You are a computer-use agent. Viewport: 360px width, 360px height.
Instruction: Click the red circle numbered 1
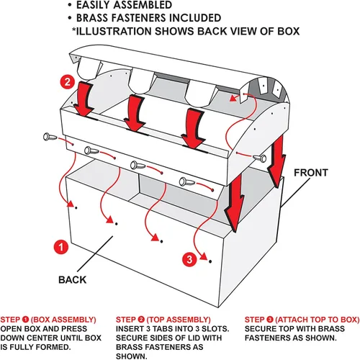[x=61, y=247]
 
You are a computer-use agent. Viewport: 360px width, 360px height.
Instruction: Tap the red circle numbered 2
[x=68, y=82]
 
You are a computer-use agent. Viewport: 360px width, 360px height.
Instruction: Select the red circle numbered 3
[x=189, y=259]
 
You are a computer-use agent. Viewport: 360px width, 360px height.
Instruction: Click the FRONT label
[x=311, y=173]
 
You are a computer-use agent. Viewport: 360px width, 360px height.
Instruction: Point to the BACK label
[x=72, y=280]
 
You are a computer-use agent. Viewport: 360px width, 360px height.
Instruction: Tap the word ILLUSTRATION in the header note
[x=114, y=32]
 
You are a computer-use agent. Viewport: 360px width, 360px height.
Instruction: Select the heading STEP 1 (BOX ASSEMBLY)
[x=48, y=320]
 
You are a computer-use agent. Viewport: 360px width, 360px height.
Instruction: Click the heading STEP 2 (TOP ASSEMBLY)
[x=163, y=320]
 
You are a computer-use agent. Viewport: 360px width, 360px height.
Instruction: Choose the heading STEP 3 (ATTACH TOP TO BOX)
[x=302, y=320]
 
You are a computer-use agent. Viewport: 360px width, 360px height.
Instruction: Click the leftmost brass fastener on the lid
[x=50, y=137]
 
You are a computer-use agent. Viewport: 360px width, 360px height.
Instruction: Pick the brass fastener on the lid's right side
[x=260, y=158]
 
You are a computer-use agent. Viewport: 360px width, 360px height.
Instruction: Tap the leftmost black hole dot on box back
[x=76, y=207]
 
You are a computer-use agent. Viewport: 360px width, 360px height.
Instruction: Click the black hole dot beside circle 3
[x=210, y=261]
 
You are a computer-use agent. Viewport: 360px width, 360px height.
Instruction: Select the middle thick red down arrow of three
[x=135, y=113]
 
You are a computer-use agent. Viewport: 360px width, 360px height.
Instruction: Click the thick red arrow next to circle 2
[x=84, y=99]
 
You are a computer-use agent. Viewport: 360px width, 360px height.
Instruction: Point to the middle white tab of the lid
[x=141, y=81]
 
